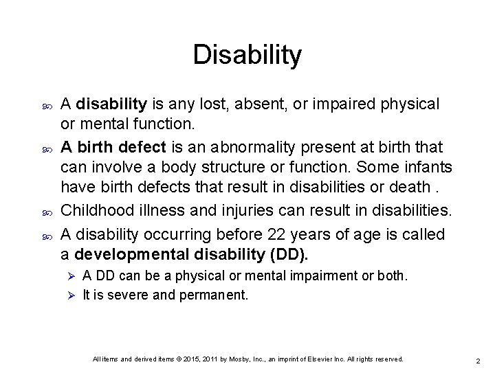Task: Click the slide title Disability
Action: pos(247,56)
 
